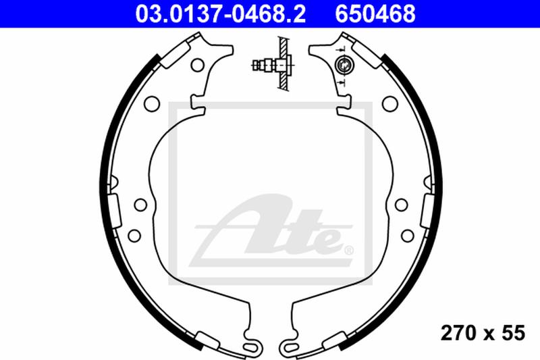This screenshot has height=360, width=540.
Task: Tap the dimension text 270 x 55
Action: click(483, 332)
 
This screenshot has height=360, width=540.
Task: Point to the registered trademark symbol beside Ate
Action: click(348, 251)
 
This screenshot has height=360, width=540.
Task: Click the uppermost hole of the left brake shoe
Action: click(197, 66)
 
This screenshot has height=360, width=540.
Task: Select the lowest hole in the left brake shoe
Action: click(134, 234)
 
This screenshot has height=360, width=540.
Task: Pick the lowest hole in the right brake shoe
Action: click(407, 234)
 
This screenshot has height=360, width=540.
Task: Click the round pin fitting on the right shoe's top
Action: click(344, 66)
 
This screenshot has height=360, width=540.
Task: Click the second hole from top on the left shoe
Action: click(152, 103)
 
